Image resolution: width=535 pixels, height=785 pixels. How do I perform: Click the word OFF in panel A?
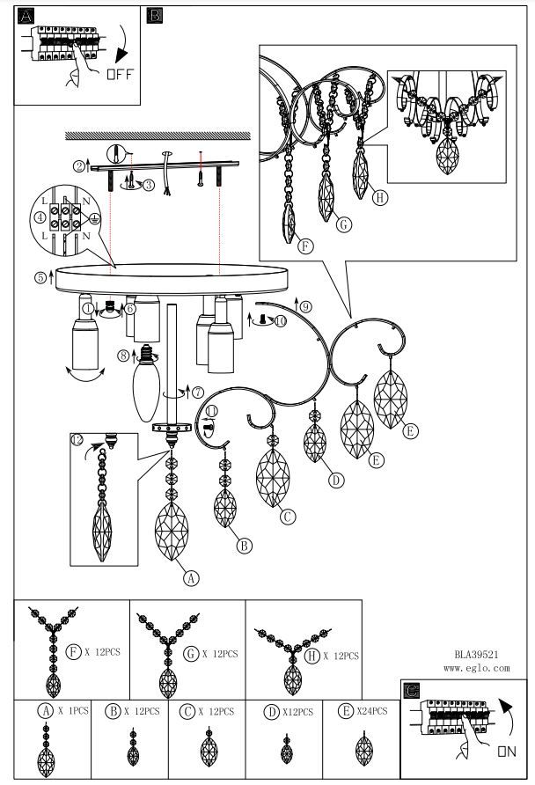[120, 74]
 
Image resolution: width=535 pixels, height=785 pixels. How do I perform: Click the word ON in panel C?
[506, 751]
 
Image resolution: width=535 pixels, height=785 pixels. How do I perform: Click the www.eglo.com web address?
[476, 668]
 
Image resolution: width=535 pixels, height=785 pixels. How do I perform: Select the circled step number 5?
[40, 277]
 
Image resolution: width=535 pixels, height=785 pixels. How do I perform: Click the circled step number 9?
[305, 307]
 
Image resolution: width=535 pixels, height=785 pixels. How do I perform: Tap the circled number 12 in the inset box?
[77, 439]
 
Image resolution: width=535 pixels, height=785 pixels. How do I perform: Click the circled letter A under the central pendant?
[190, 577]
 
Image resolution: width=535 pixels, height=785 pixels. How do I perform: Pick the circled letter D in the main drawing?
[335, 480]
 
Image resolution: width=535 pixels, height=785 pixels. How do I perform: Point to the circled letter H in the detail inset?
[379, 197]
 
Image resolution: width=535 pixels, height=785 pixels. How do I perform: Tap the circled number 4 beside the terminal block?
[40, 216]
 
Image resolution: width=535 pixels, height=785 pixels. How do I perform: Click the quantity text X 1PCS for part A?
[73, 710]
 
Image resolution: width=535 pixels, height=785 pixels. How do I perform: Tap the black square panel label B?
[155, 16]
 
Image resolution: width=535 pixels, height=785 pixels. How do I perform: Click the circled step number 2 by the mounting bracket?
[78, 165]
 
